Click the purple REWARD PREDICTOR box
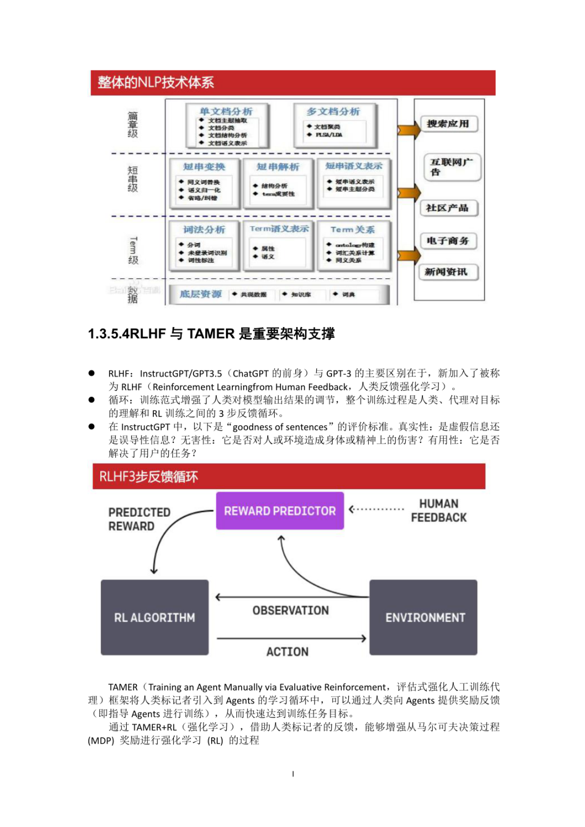click(x=279, y=511)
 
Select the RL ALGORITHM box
click(x=154, y=617)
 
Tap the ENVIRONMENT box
click(x=424, y=617)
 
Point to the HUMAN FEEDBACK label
click(x=438, y=511)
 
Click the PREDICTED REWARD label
click(x=139, y=519)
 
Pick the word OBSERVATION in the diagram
click(x=290, y=610)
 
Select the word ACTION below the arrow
click(x=287, y=652)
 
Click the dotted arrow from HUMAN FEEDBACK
click(x=377, y=509)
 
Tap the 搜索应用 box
click(x=448, y=123)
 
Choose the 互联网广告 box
click(x=451, y=167)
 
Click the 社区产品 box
click(x=447, y=208)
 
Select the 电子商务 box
click(x=447, y=240)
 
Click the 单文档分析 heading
click(x=226, y=112)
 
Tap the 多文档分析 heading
click(x=333, y=112)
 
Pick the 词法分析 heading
click(x=204, y=230)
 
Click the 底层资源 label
click(x=200, y=294)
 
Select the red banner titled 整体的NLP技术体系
click(x=292, y=82)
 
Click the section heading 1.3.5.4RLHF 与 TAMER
click(x=211, y=334)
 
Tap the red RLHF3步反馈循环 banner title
click(x=148, y=477)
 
